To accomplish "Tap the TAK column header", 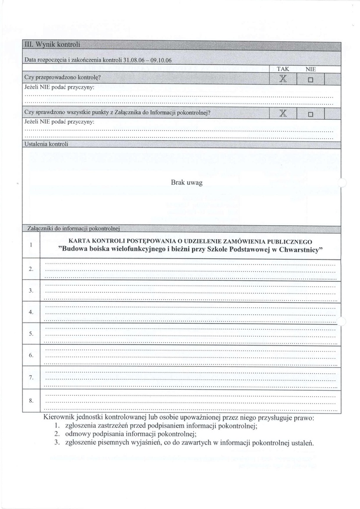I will [282, 70].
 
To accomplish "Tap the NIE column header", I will [311, 70].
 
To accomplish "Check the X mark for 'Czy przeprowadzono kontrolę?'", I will [283, 79].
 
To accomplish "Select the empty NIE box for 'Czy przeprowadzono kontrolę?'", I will [311, 80].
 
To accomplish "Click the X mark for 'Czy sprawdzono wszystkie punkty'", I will [283, 114].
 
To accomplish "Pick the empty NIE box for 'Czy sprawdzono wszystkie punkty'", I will [311, 114].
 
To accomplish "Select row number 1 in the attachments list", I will [31, 245].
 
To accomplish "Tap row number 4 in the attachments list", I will [31, 312].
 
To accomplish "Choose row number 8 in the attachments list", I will [31, 401].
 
